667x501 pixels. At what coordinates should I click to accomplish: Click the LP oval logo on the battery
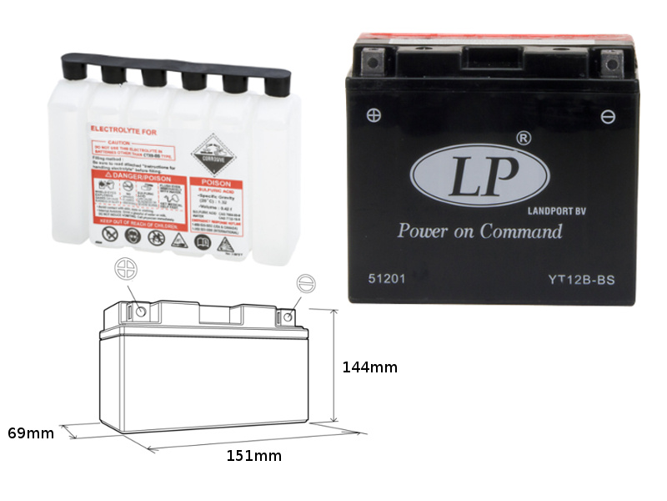(x=479, y=177)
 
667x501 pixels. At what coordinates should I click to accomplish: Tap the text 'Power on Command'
(x=479, y=231)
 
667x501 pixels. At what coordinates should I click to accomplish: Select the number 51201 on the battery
(x=387, y=279)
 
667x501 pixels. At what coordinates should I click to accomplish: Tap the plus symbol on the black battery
(x=374, y=115)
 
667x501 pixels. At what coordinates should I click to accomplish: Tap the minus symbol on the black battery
(x=608, y=117)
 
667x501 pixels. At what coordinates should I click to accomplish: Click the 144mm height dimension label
(x=369, y=367)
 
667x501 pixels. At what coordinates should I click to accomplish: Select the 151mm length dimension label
(x=253, y=456)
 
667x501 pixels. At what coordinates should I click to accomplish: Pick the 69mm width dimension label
(x=31, y=433)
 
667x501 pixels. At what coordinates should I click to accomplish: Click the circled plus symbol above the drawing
(x=125, y=270)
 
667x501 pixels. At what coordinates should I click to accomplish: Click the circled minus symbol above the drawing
(x=306, y=284)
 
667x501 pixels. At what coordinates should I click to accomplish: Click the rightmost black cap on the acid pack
(x=276, y=83)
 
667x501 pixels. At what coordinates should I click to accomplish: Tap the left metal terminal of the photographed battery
(x=371, y=60)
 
